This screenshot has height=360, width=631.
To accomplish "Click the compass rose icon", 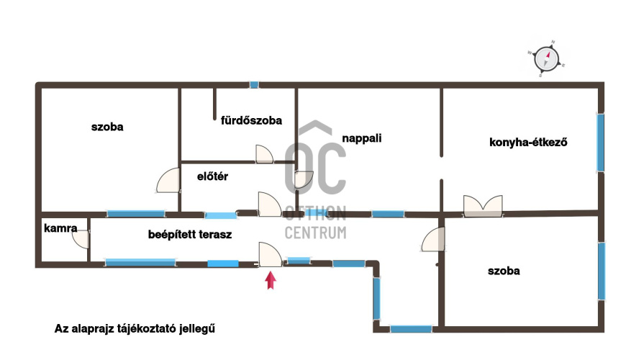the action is [547, 59].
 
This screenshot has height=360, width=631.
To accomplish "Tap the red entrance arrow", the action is [271, 280].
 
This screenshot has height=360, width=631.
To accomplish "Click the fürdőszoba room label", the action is [251, 120].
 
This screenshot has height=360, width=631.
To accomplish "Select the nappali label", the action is [362, 138].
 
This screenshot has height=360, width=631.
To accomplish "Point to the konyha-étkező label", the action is [528, 142].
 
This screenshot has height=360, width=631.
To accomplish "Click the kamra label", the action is [60, 228].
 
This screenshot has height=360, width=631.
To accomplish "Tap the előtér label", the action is [212, 176].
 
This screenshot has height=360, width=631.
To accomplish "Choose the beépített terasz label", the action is [190, 235].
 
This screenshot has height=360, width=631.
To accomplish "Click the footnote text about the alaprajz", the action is [135, 328].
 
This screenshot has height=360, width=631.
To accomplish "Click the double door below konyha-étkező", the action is [483, 206].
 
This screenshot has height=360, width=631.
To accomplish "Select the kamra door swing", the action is [81, 240].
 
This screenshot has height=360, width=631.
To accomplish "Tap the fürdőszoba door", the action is [264, 154].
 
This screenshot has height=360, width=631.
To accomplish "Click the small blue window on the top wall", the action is [254, 84].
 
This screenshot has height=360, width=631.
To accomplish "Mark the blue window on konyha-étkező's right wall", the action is [600, 143].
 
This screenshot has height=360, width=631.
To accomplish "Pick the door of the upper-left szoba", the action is [168, 180].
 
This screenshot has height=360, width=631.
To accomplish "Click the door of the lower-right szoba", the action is [433, 239].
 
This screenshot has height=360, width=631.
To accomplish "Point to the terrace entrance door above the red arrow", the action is [270, 254].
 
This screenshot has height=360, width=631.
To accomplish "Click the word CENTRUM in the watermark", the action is [315, 233].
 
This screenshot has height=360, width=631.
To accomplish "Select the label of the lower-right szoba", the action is [504, 271].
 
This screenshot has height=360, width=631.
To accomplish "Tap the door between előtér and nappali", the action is [304, 179].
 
